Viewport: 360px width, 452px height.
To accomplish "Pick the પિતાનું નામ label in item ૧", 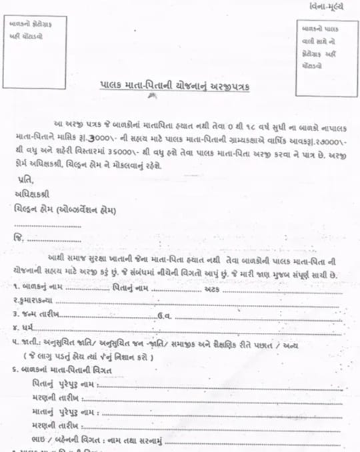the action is [131, 288].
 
